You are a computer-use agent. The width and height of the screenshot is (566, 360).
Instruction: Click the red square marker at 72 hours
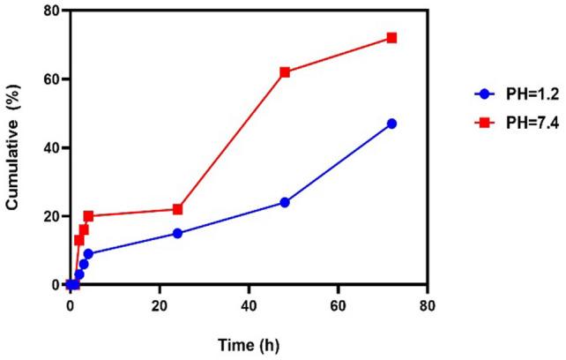click(x=391, y=38)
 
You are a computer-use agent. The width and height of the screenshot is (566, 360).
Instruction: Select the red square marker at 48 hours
click(x=285, y=72)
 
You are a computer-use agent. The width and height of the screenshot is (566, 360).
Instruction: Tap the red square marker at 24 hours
click(x=177, y=209)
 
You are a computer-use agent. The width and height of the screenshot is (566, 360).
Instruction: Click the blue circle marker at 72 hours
click(x=391, y=124)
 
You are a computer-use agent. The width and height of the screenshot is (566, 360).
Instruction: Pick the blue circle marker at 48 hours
click(x=285, y=202)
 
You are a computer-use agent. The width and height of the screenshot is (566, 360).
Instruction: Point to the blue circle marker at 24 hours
click(x=177, y=233)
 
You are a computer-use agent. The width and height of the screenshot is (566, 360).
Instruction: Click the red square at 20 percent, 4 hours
click(x=88, y=216)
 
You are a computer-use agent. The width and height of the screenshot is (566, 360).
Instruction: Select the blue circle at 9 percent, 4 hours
click(x=88, y=254)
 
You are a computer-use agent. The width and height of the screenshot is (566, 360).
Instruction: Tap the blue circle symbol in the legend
click(x=481, y=93)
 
